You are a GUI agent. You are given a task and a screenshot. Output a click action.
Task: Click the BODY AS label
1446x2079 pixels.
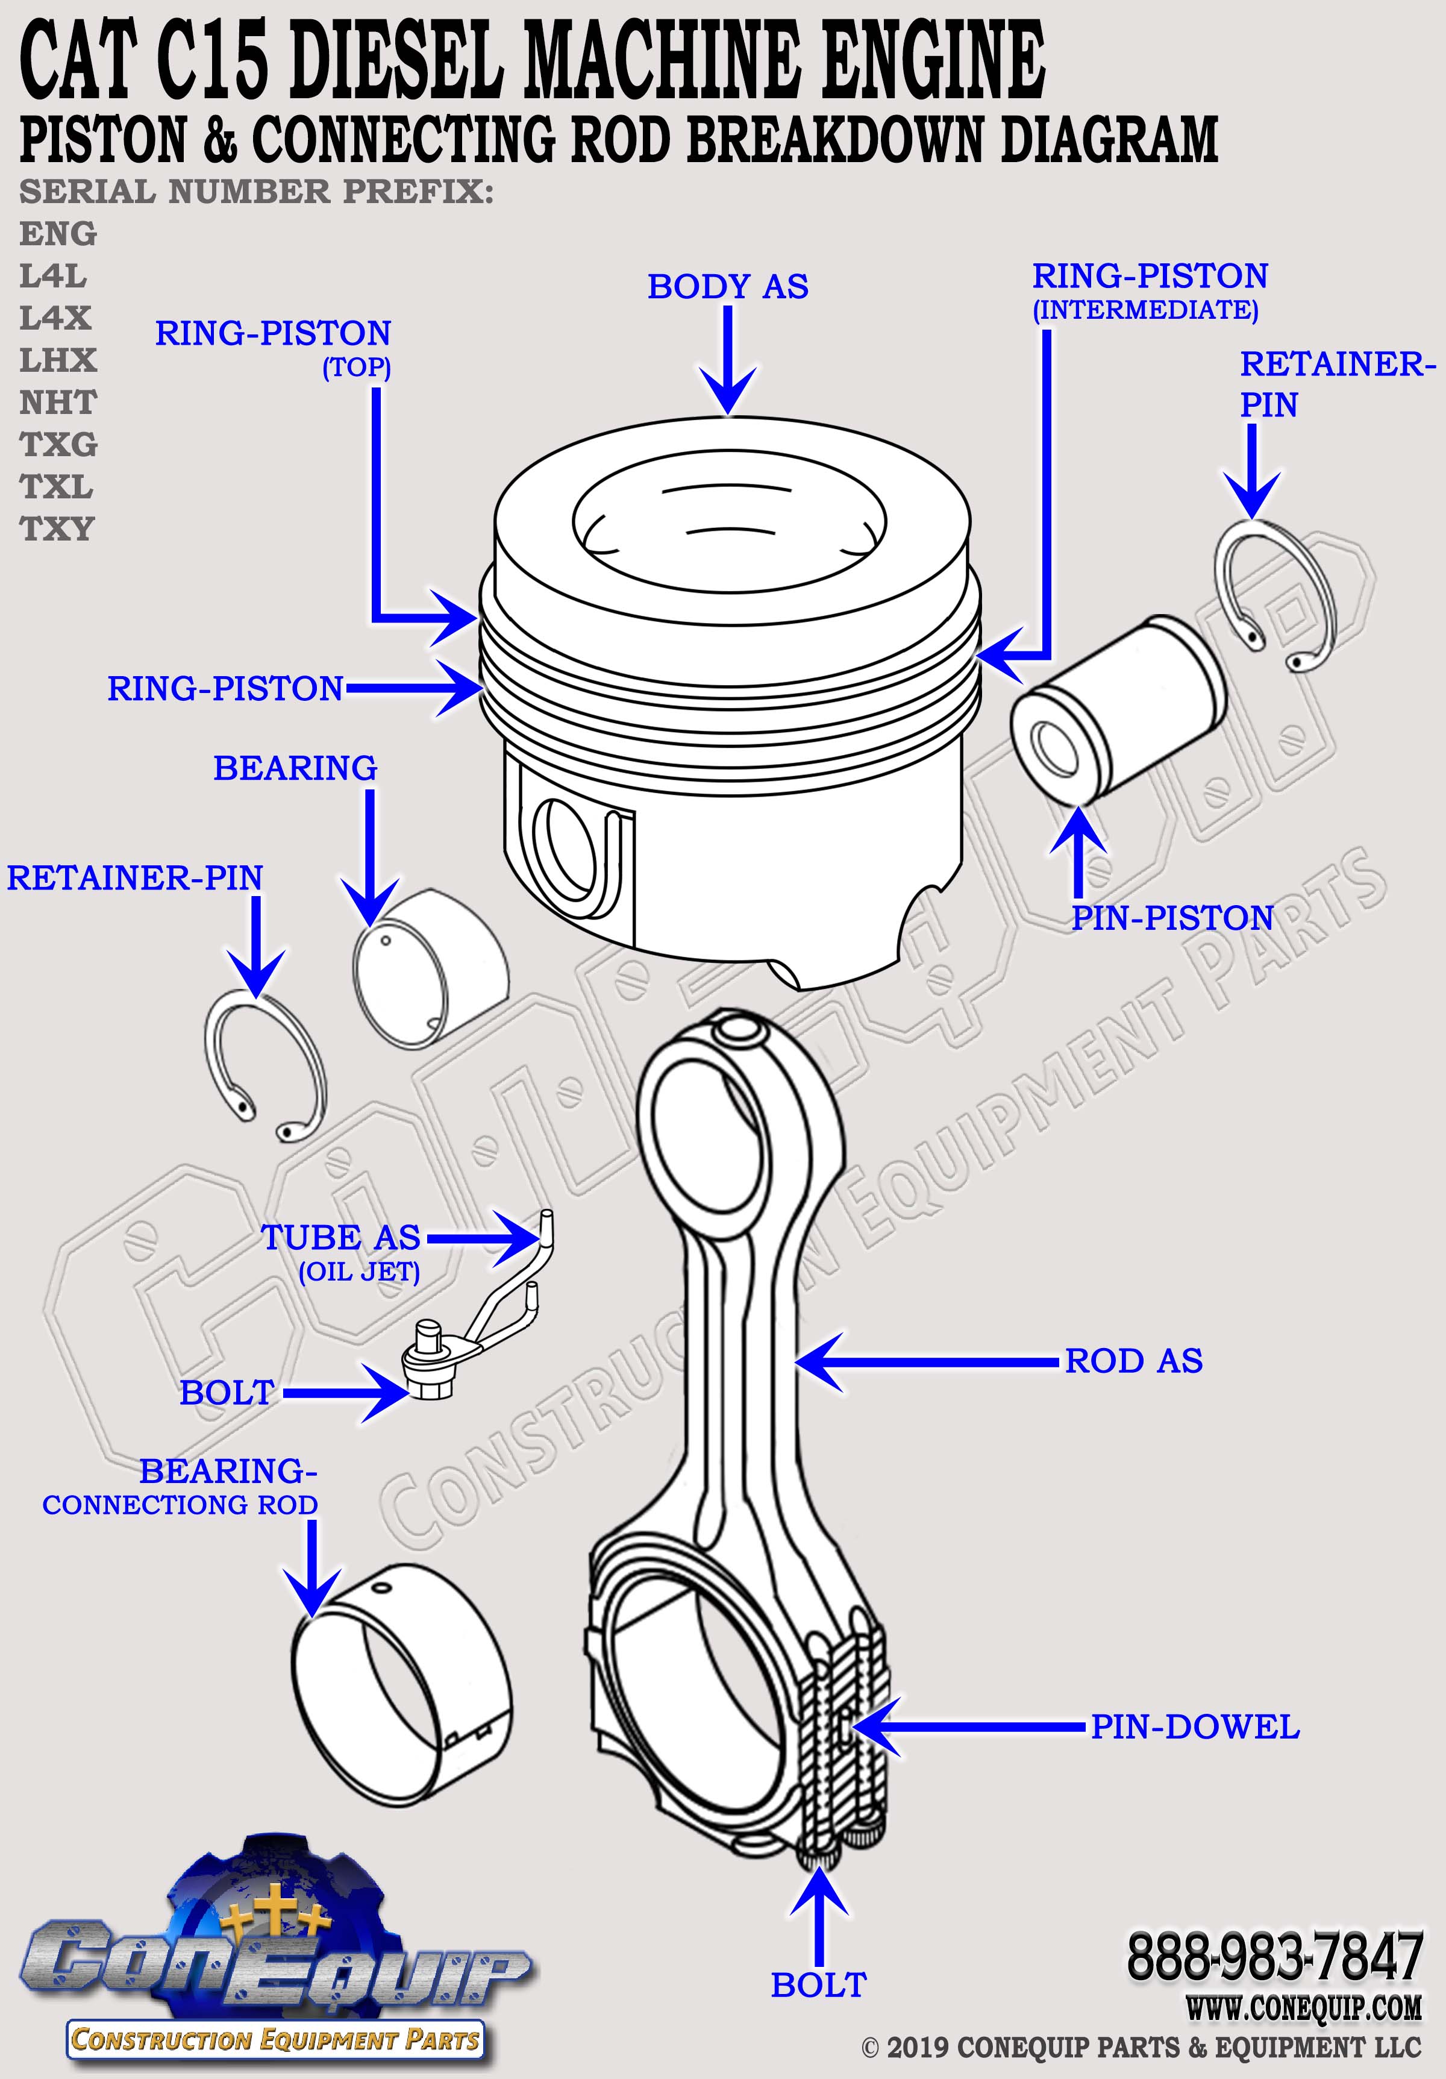tap(727, 286)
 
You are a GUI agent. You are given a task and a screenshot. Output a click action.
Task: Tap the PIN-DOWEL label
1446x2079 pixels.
tap(1194, 1726)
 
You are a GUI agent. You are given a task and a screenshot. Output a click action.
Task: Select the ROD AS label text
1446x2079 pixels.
tap(1133, 1360)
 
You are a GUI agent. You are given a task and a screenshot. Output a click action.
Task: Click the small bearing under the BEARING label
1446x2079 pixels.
tap(428, 970)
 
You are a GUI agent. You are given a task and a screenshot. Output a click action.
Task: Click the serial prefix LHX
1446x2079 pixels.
tap(58, 360)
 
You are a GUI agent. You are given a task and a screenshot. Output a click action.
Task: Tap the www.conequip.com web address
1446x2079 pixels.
tap(1304, 2007)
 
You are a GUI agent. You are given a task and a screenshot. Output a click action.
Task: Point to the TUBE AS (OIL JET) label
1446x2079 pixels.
tap(342, 1250)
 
